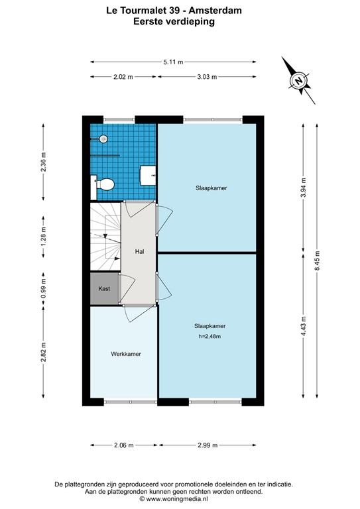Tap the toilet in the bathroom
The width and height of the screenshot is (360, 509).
coord(105,184)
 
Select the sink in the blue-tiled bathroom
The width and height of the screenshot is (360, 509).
coord(148,176)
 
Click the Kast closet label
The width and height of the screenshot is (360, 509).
coord(103,290)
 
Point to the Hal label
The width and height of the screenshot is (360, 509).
coord(139,252)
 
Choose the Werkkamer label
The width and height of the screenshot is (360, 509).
coord(125,354)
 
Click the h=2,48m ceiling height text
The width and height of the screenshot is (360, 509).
coord(210,337)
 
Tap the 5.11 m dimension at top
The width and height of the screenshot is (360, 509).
coord(173,62)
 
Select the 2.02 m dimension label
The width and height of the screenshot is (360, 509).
coord(123,77)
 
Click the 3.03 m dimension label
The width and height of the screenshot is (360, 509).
coord(206,77)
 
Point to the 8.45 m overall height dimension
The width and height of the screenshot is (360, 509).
coord(318,260)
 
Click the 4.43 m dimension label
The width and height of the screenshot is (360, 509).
coord(303,326)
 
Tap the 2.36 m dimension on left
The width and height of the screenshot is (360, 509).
coord(44,162)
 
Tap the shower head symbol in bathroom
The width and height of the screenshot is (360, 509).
coord(103,139)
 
